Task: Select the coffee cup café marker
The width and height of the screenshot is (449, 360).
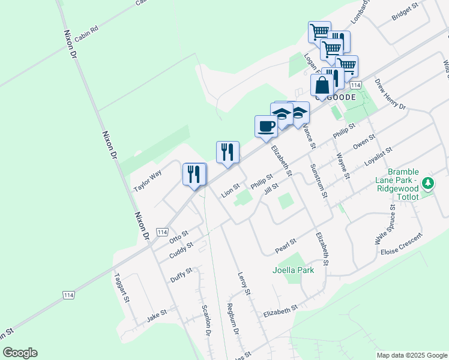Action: tap(266, 127)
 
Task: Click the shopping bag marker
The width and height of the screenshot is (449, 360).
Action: tap(322, 85)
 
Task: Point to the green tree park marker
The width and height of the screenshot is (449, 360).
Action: tap(427, 182)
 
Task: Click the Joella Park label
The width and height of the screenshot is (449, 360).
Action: tap(294, 270)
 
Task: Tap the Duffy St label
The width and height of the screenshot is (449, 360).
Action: tap(181, 275)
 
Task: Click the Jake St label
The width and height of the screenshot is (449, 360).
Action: tap(156, 314)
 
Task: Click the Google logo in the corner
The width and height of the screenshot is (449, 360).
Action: tap(20, 353)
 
